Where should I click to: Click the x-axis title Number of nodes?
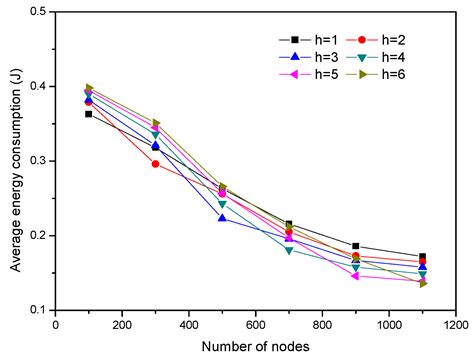(x=255, y=347)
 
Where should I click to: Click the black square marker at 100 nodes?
(x=89, y=114)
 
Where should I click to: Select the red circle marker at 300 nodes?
(x=155, y=163)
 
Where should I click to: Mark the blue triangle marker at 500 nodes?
(x=222, y=218)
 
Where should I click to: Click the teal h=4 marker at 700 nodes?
(x=288, y=250)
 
